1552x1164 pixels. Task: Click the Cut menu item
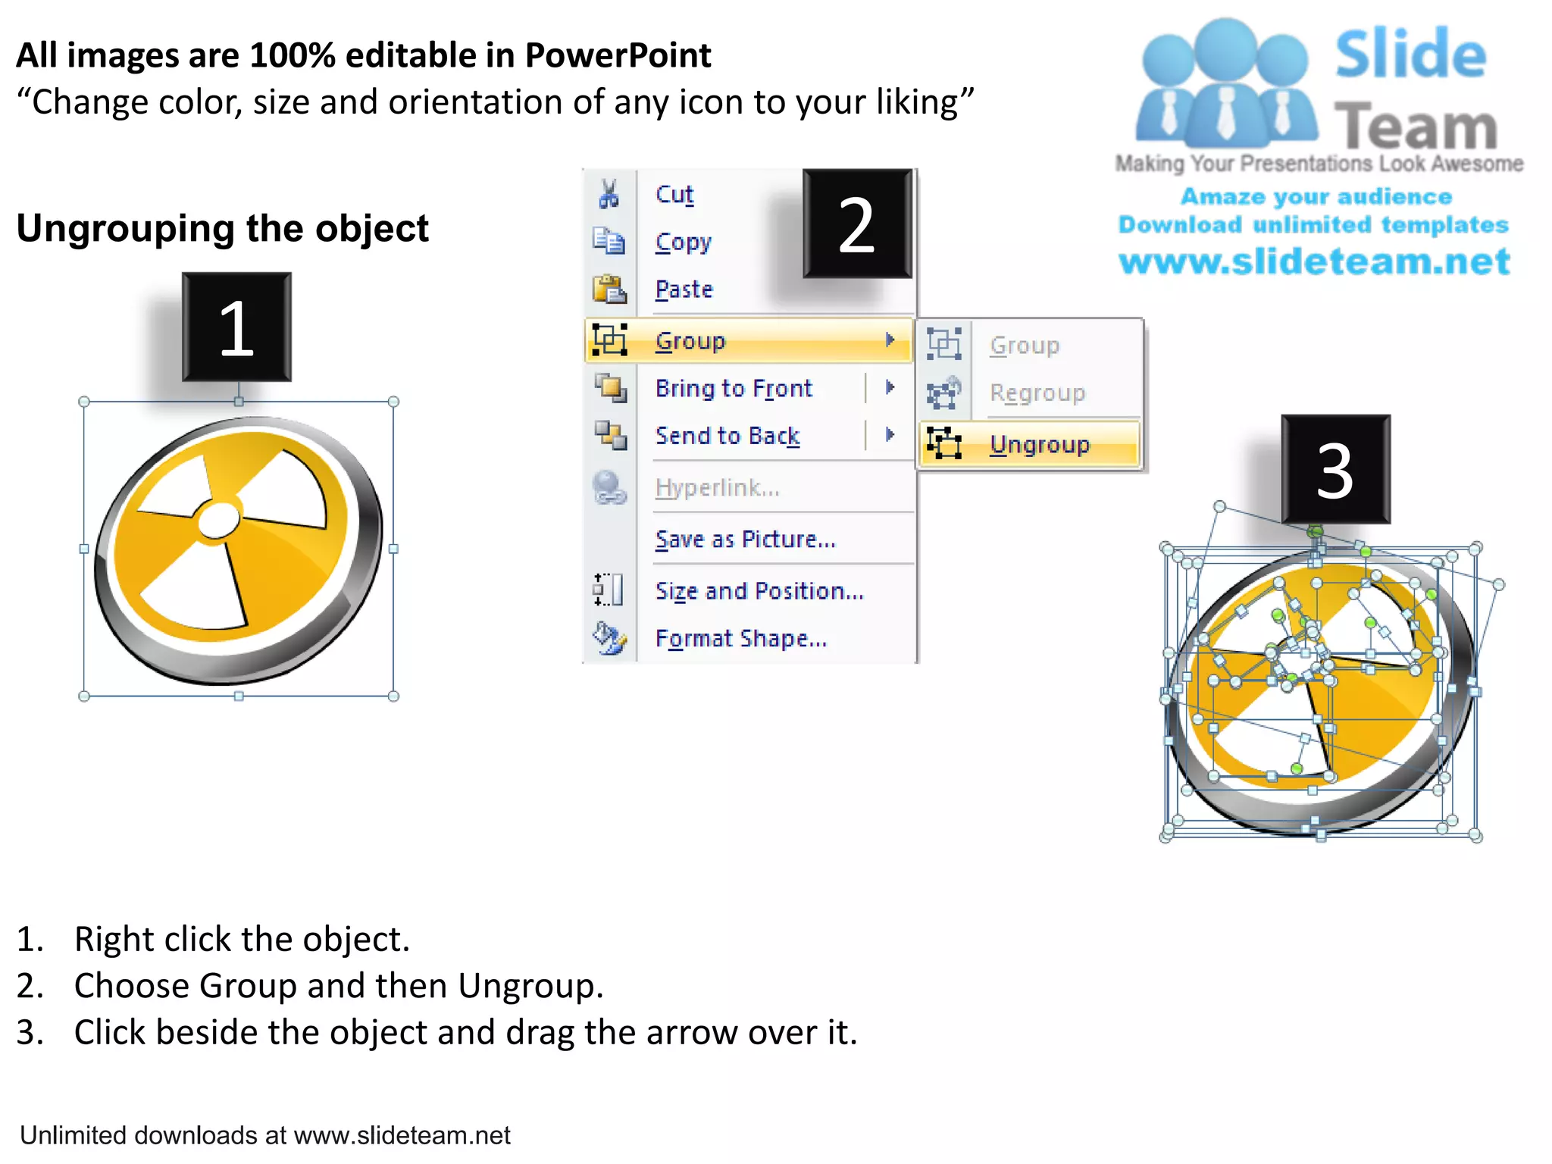point(674,195)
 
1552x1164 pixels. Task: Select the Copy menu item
point(683,242)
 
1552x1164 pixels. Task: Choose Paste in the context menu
point(684,289)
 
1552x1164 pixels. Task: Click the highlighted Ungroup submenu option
point(1039,444)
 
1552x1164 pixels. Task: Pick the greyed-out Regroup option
point(1037,393)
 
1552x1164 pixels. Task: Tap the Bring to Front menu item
point(734,388)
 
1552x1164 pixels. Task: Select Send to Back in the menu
point(727,436)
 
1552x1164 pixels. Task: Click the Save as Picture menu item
point(745,539)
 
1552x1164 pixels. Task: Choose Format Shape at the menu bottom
point(740,638)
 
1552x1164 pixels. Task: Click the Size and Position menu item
point(759,590)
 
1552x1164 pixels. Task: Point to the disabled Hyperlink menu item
point(717,487)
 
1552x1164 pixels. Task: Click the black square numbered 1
point(236,327)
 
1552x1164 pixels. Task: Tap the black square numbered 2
point(857,224)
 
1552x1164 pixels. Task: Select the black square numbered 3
point(1335,470)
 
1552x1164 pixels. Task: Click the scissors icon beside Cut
point(609,194)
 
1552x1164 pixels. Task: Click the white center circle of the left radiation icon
point(218,521)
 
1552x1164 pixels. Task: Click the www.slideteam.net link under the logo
point(1314,261)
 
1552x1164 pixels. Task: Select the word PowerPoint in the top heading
point(618,55)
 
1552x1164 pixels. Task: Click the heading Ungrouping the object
point(223,228)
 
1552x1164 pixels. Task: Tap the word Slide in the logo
point(1410,55)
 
